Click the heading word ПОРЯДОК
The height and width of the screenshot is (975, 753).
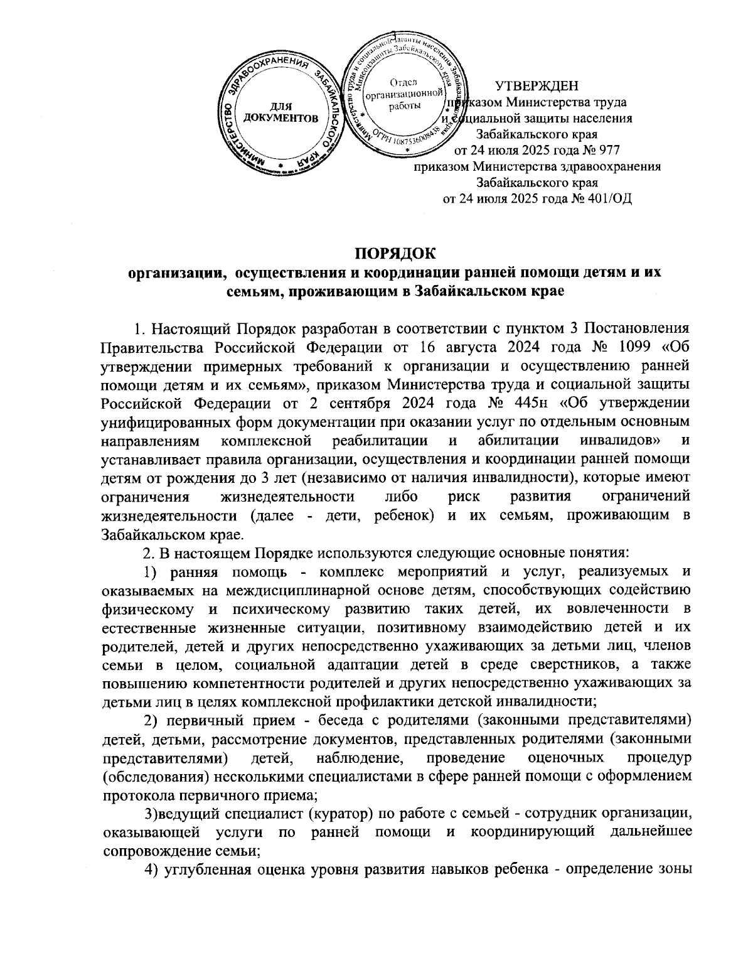tap(395, 254)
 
